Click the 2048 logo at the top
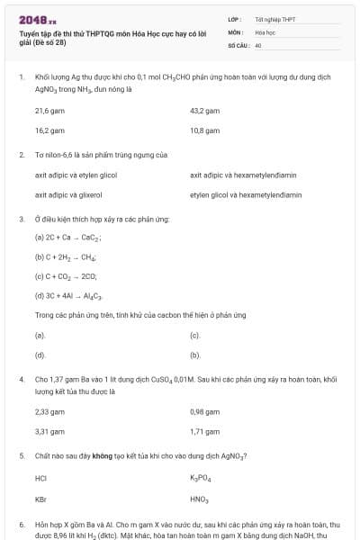point(37,19)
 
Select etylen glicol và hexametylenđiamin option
point(246,194)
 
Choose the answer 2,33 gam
point(49,411)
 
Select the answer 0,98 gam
point(205,411)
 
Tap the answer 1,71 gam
point(205,431)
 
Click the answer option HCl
point(40,478)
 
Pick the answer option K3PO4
point(200,478)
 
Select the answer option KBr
point(40,499)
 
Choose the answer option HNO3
point(199,499)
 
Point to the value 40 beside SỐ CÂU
point(258,44)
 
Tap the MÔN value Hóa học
point(265,31)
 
